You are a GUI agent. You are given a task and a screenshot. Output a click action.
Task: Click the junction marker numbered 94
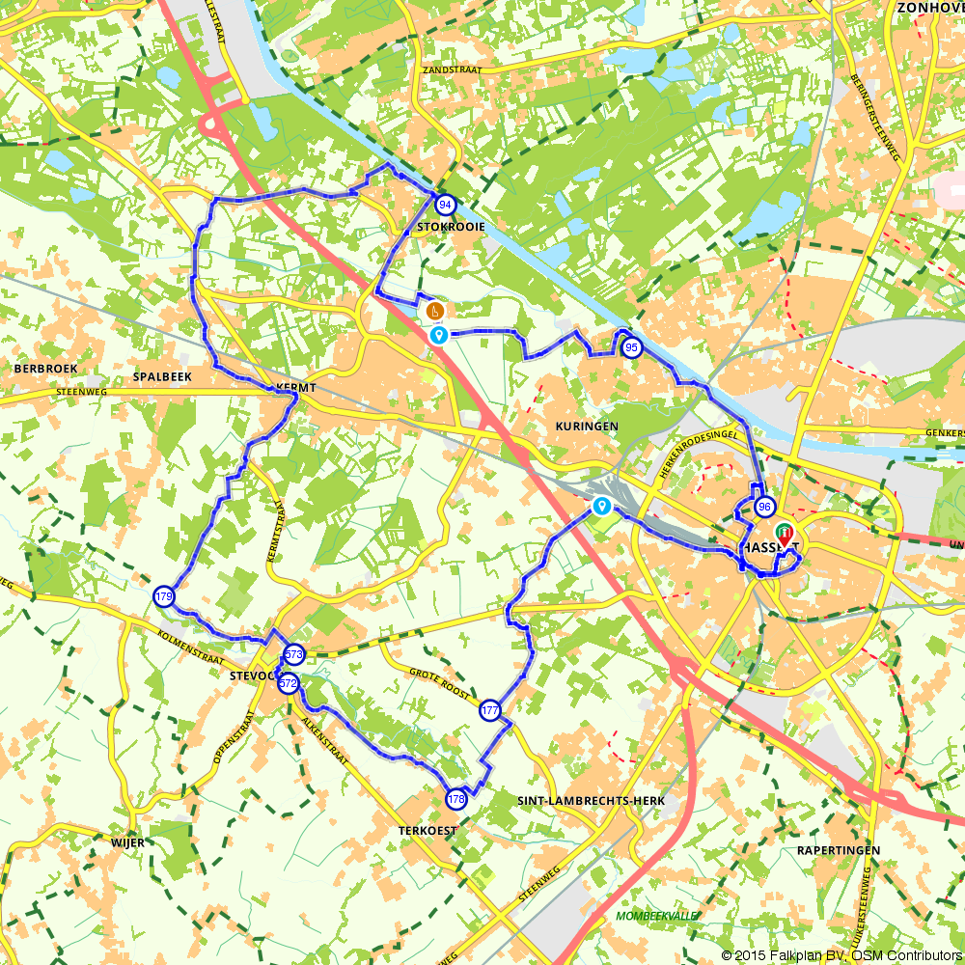point(445,205)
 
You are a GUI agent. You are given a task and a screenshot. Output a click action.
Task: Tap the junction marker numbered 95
point(631,347)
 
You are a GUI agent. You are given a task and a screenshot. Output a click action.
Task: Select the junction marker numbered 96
point(765,507)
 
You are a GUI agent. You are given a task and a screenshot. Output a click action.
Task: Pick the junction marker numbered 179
point(163,596)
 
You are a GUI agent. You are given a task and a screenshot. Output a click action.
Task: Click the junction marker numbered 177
point(490,711)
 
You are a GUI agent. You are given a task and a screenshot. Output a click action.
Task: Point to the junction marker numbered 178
point(456,799)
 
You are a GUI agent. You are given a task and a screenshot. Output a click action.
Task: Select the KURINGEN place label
point(586,426)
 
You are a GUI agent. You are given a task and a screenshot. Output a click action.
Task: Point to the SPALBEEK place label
point(163,376)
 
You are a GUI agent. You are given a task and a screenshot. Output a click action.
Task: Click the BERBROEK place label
point(45,369)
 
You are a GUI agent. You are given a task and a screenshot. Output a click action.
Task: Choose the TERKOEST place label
point(426,829)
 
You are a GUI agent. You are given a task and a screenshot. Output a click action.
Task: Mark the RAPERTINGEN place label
point(839,850)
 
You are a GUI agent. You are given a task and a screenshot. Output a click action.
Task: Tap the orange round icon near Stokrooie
point(435,311)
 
